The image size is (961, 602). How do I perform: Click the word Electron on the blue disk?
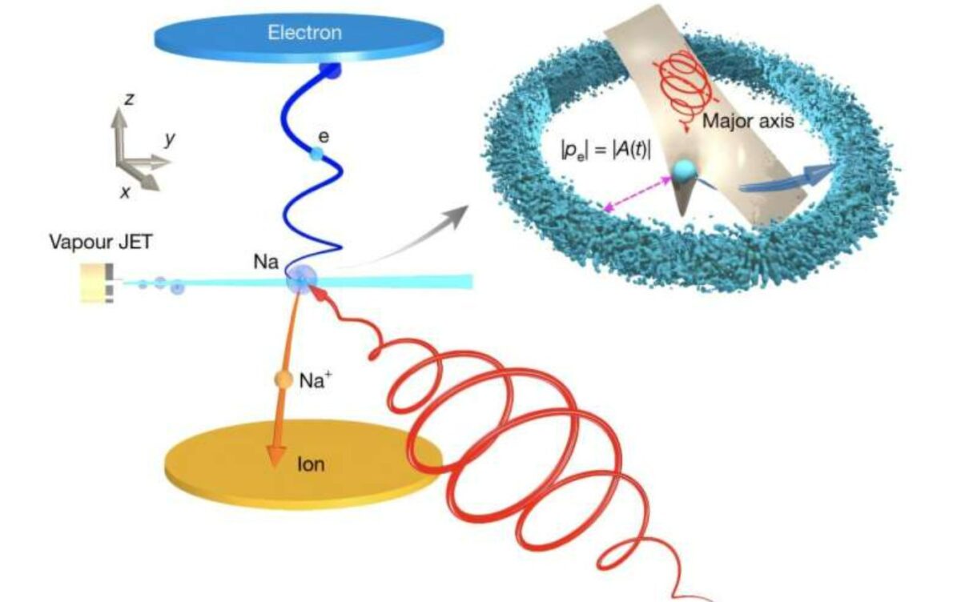coord(304,33)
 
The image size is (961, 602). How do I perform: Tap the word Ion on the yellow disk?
coord(311,464)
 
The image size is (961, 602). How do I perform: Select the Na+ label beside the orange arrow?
coord(316,380)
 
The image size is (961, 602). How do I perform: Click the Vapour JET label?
coord(101,242)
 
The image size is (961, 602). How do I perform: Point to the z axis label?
coord(129,99)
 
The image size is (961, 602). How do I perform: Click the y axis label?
coord(170,139)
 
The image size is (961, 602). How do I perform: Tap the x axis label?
coord(125,192)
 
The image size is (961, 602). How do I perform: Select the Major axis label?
coord(748,122)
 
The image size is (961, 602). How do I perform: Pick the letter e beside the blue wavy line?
coord(324,137)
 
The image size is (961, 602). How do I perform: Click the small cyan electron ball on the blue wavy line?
coord(316,154)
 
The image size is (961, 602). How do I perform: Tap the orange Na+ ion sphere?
coord(283,379)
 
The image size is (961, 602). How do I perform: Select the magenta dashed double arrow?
coord(637,194)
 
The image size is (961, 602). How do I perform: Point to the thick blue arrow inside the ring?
coord(787,180)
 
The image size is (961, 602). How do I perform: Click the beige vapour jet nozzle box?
coord(93,283)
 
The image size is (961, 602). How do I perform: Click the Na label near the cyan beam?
coord(266,262)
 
